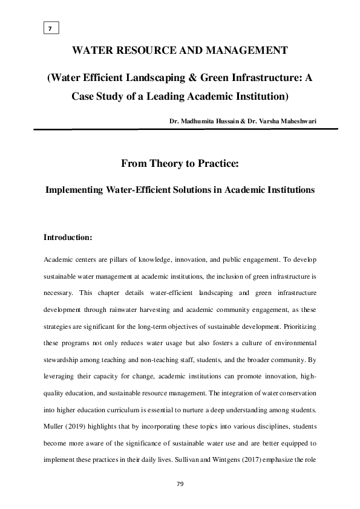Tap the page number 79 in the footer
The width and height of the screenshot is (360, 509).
(180, 484)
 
